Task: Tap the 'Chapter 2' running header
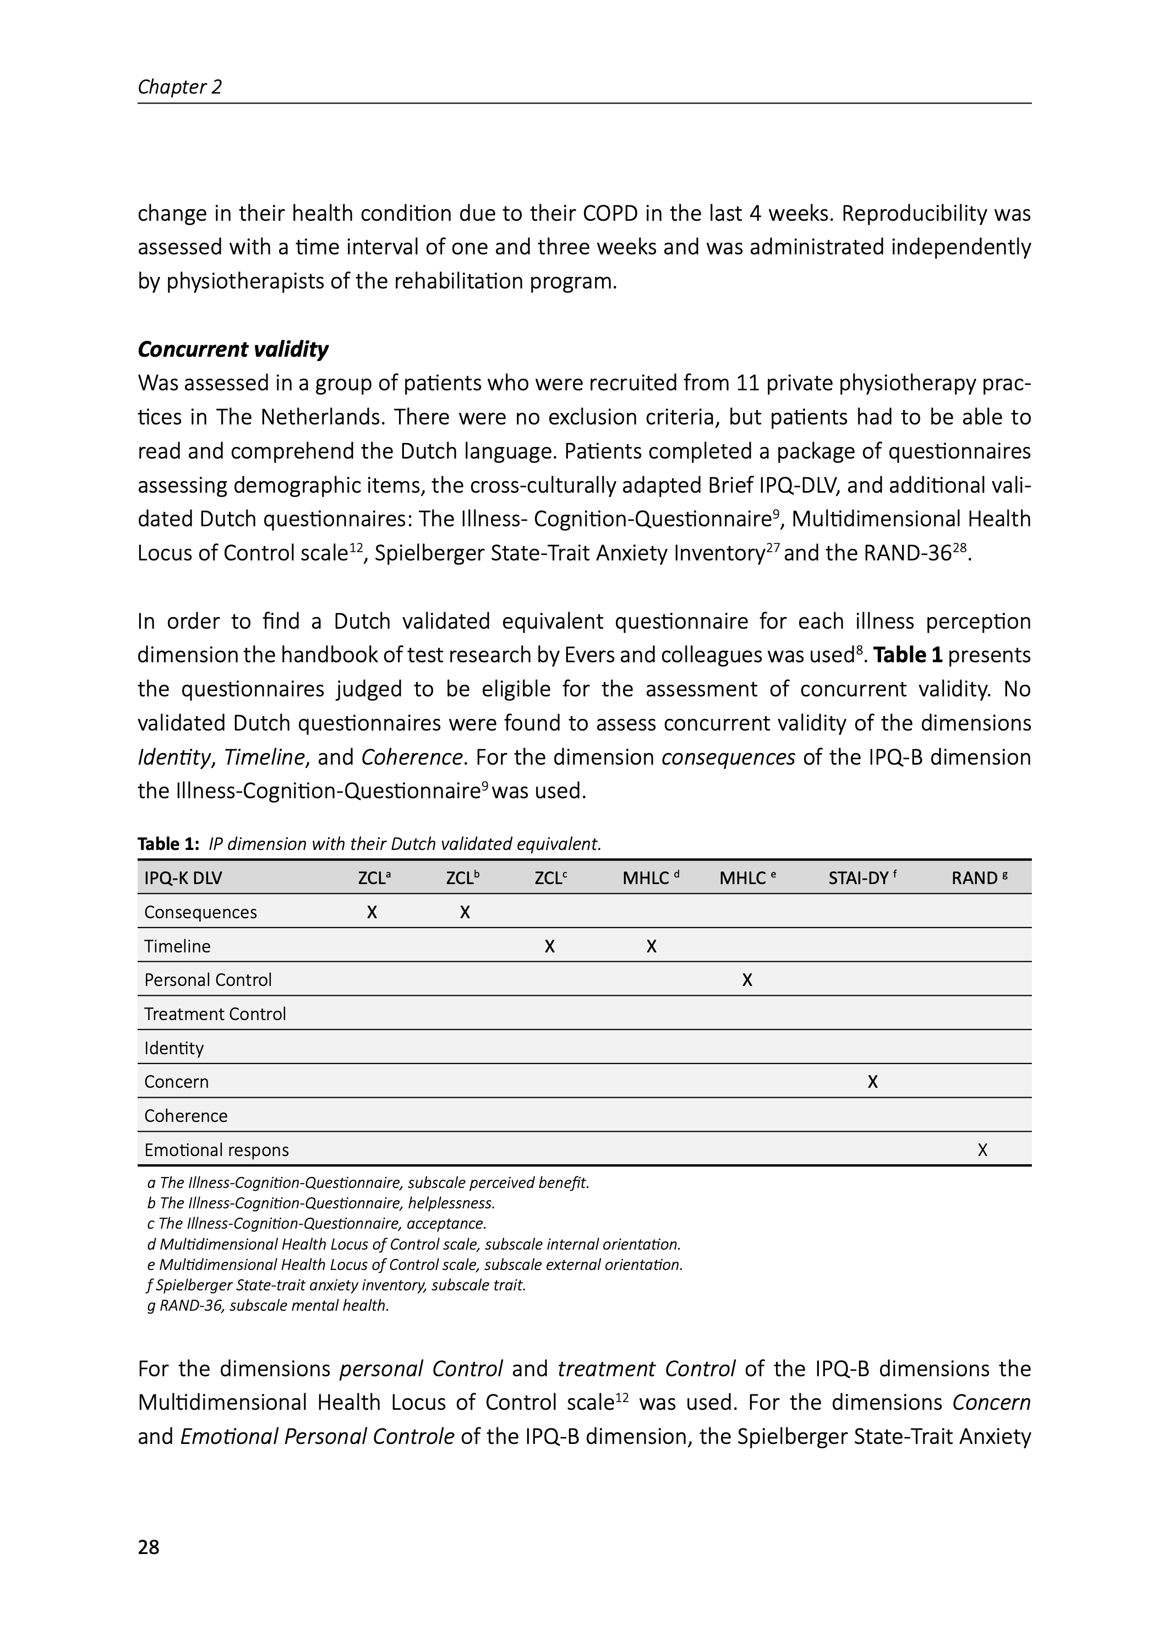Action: tap(179, 87)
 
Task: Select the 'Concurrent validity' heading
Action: tap(233, 350)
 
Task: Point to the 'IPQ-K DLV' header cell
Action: tap(183, 878)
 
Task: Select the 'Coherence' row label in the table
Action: tap(186, 1115)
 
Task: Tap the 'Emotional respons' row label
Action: tap(216, 1150)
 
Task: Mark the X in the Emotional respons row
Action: tap(983, 1151)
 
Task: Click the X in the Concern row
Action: tap(872, 1082)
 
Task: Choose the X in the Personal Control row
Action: tap(747, 980)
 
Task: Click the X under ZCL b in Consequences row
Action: tap(464, 913)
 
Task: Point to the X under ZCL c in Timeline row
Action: tap(550, 947)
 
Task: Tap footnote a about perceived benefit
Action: tap(368, 1182)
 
